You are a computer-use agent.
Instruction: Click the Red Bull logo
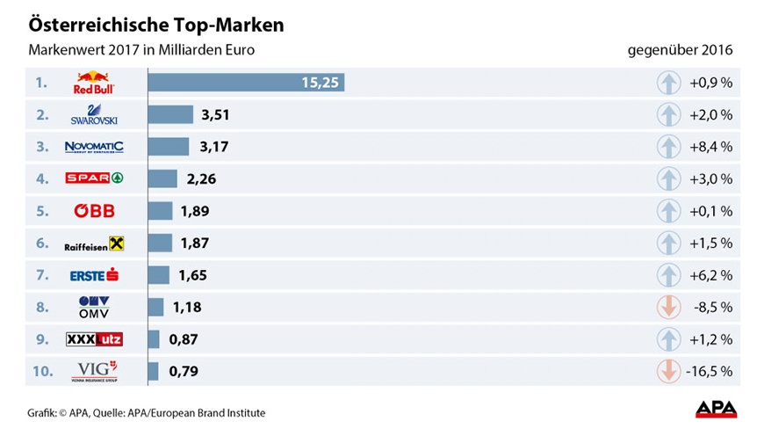point(93,84)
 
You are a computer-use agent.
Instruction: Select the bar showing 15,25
point(246,83)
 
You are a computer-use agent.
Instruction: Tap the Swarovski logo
point(93,115)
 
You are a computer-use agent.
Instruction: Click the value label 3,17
point(214,147)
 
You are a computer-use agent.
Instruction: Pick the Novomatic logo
point(94,147)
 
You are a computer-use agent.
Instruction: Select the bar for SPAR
point(162,179)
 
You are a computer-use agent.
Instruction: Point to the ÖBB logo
point(93,211)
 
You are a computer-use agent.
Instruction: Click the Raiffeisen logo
point(94,244)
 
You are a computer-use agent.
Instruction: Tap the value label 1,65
point(193,275)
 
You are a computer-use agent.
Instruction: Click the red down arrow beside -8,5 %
point(668,308)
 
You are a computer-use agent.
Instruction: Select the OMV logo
point(93,307)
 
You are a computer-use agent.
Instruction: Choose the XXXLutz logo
point(93,339)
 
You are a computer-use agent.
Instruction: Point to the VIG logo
point(93,371)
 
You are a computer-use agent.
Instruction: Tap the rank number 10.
point(43,371)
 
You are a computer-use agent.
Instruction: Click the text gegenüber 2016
point(680,50)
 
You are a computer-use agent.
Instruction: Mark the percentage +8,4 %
point(710,147)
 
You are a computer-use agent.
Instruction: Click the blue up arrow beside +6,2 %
point(668,275)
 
